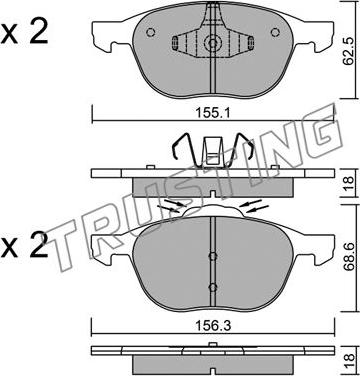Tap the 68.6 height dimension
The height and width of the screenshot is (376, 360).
[348, 257]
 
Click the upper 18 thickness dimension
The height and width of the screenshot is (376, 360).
[348, 183]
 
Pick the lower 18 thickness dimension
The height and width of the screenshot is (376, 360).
[348, 362]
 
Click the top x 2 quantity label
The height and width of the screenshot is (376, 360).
[24, 33]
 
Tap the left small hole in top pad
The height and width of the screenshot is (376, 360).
[151, 32]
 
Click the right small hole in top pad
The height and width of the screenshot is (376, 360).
[275, 32]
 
